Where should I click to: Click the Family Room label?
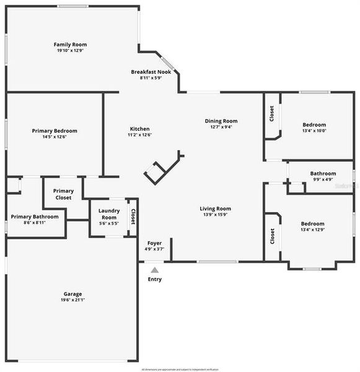click(70, 45)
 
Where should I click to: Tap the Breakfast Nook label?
click(151, 72)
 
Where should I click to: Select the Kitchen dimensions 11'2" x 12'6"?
click(139, 135)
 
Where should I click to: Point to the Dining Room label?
click(221, 121)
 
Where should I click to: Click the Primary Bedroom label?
click(55, 131)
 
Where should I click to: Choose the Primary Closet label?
click(63, 194)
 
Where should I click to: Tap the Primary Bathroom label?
click(35, 216)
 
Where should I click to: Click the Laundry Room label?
click(109, 214)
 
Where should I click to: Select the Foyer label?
click(154, 242)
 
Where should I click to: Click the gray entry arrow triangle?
click(154, 270)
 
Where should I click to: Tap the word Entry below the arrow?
click(154, 279)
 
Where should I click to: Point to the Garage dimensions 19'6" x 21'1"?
click(72, 300)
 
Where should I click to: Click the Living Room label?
click(215, 209)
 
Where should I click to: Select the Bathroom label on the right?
click(323, 174)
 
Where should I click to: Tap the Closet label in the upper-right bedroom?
click(271, 113)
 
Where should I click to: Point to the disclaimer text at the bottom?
click(180, 369)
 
